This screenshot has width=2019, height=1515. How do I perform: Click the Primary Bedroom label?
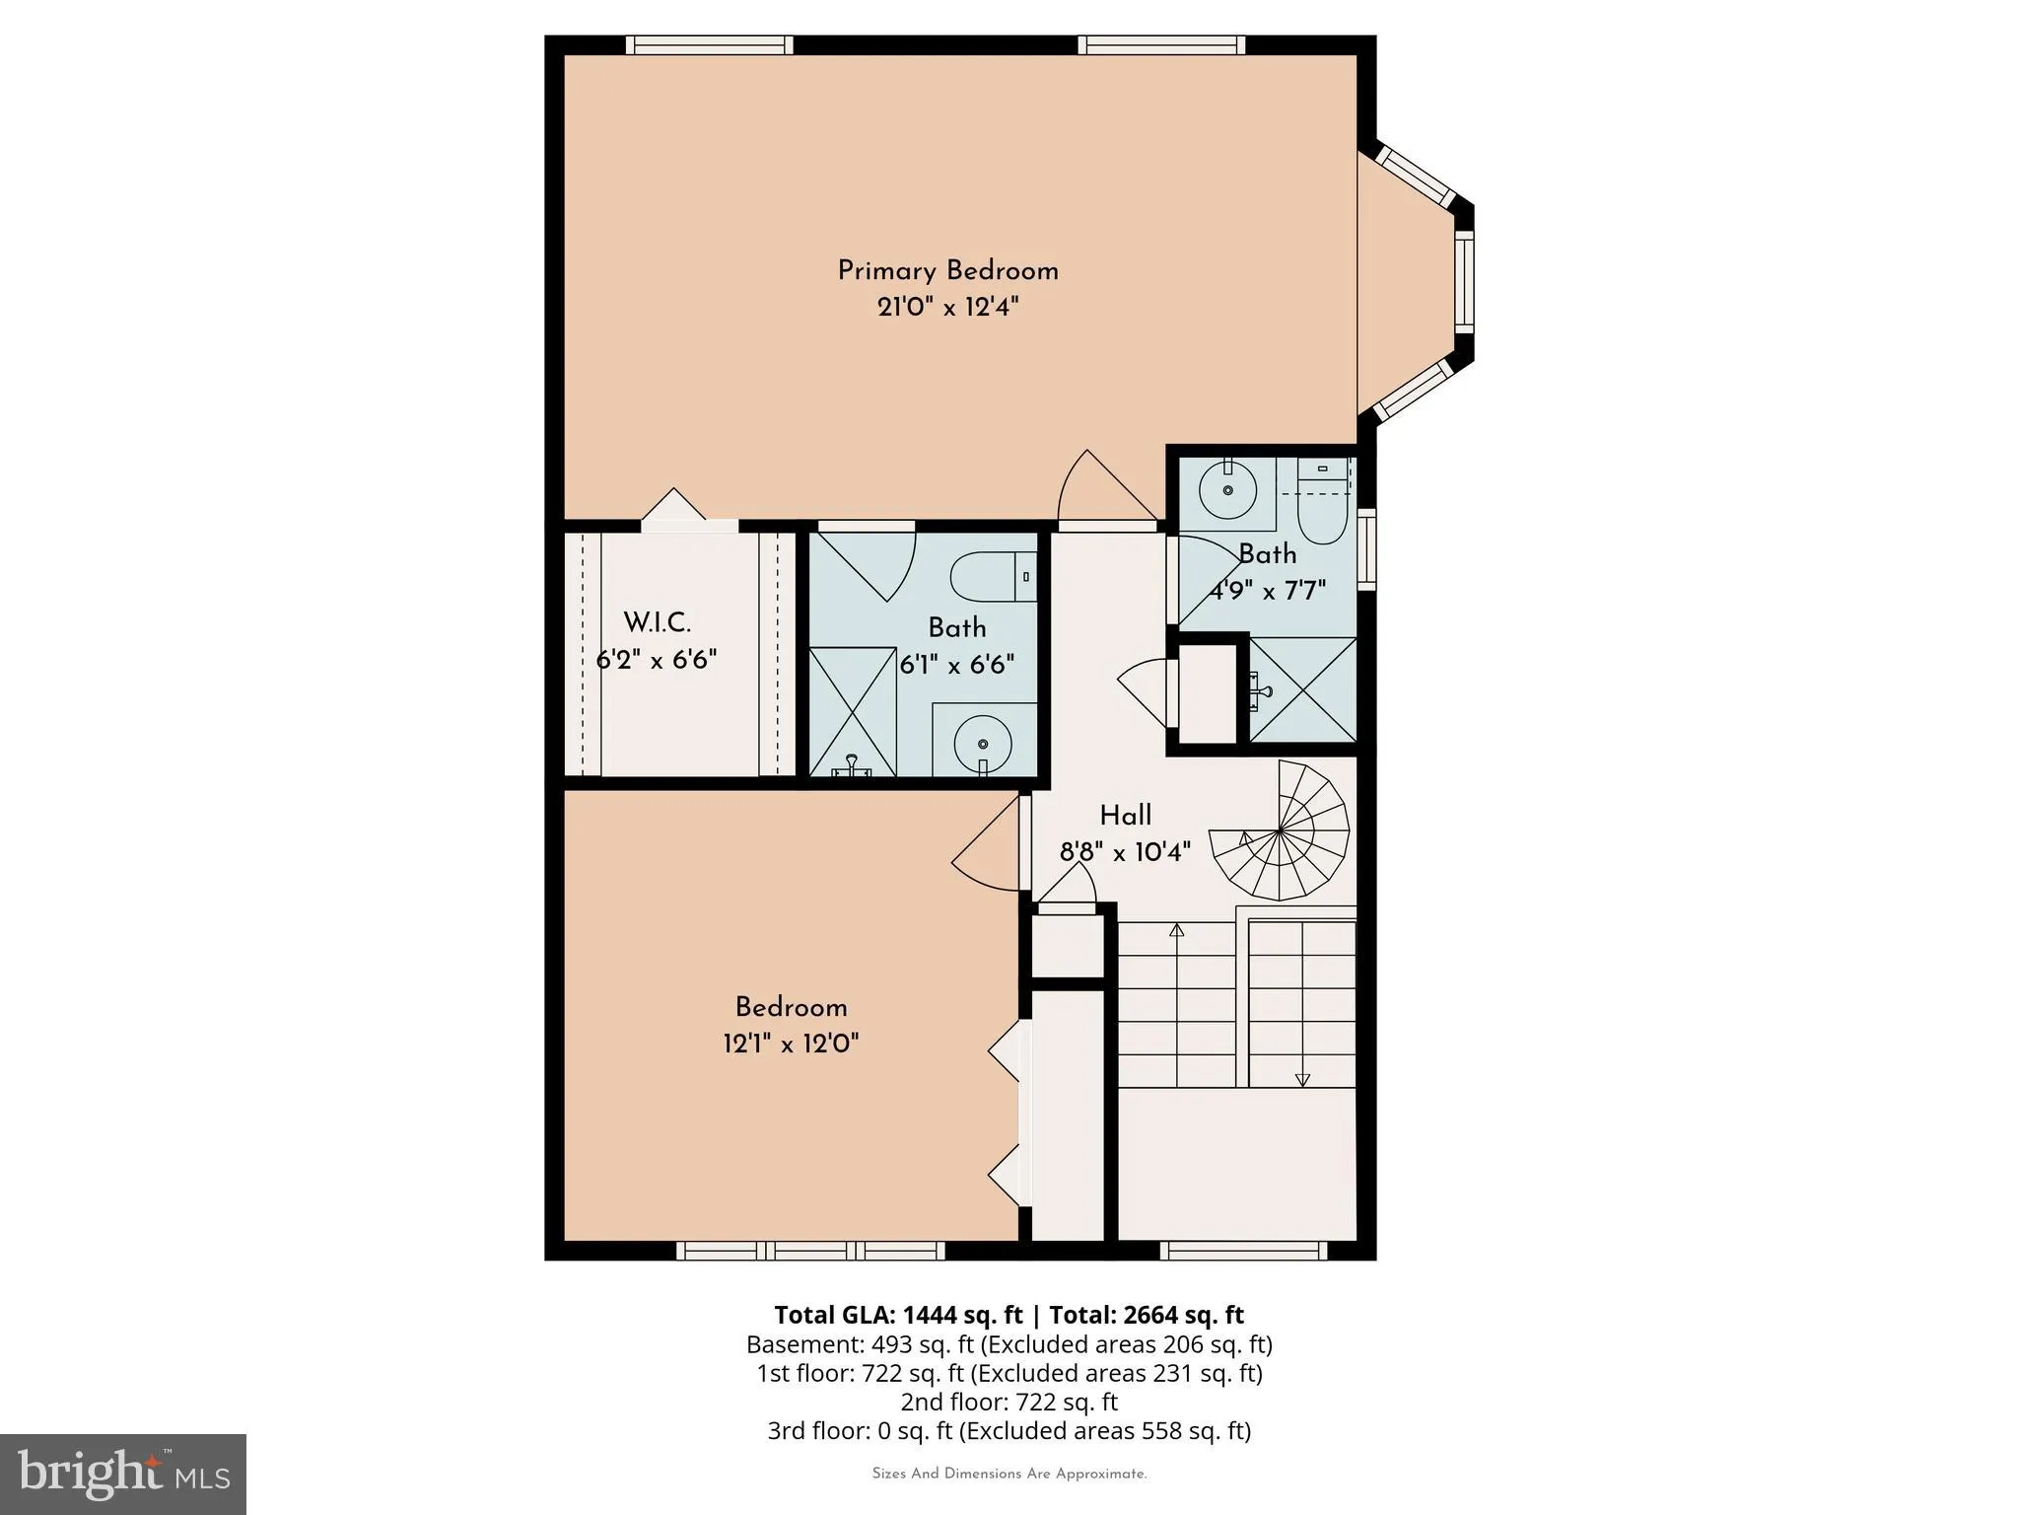pos(947,271)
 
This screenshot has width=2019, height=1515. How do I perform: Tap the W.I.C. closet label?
pos(657,623)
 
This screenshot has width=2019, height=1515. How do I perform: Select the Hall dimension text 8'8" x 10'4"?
pos(1125,851)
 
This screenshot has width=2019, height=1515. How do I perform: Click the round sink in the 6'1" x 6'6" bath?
pos(982,744)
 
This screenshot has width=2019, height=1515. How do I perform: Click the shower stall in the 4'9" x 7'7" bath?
pos(1302,690)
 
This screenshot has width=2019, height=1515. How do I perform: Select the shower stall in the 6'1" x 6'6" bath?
pos(853,712)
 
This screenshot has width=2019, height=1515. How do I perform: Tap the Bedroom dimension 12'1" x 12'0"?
pos(791,1044)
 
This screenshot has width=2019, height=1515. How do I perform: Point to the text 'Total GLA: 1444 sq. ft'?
pos(898,1315)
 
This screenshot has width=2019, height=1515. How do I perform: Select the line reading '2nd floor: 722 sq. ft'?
pos(1009,1402)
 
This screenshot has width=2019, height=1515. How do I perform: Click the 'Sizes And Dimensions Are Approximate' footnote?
pos(1009,1474)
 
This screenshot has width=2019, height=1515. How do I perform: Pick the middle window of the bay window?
pos(1464,281)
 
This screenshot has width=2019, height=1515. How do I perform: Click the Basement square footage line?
pos(1009,1344)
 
